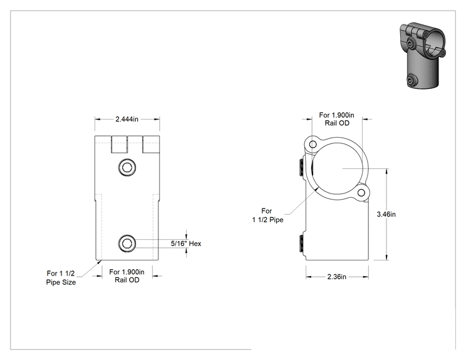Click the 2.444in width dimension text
pyautogui.click(x=127, y=119)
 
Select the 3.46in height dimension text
pyautogui.click(x=386, y=214)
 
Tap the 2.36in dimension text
pyautogui.click(x=337, y=277)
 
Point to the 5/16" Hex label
pyautogui.click(x=186, y=244)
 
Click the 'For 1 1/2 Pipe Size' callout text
pyautogui.click(x=61, y=278)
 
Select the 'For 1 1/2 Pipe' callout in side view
pyautogui.click(x=268, y=215)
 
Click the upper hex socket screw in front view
pyautogui.click(x=127, y=168)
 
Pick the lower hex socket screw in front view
pyautogui.click(x=127, y=244)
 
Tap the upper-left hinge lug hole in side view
pyautogui.click(x=313, y=145)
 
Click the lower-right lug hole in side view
pyautogui.click(x=361, y=193)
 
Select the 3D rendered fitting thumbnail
pyautogui.click(x=422, y=55)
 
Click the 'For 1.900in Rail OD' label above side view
pyautogui.click(x=337, y=119)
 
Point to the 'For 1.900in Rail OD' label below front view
pyautogui.click(x=127, y=276)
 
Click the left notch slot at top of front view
pyautogui.click(x=119, y=145)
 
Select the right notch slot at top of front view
pyautogui.click(x=151, y=145)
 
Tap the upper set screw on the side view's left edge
pyautogui.click(x=301, y=168)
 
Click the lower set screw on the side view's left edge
pyautogui.click(x=301, y=244)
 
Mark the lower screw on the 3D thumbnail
pyautogui.click(x=412, y=80)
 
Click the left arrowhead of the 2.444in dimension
pyautogui.click(x=98, y=119)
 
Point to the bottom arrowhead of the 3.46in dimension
pyautogui.click(x=386, y=257)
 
